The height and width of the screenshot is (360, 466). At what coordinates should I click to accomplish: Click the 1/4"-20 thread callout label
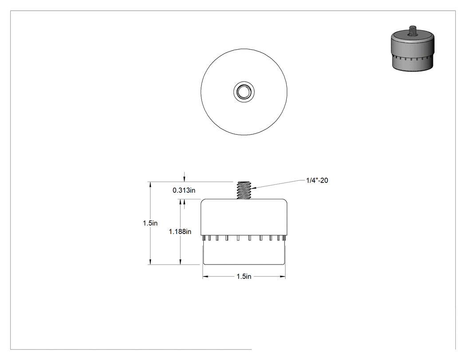(x=317, y=180)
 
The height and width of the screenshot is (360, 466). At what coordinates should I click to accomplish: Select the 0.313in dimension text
(x=184, y=190)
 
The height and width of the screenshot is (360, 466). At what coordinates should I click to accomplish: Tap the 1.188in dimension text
(x=180, y=232)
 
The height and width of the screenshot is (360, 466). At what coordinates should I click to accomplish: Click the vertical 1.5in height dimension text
(x=150, y=223)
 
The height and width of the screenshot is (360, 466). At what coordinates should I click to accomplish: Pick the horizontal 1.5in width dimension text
(x=244, y=277)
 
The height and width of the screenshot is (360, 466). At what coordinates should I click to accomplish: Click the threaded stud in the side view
(x=244, y=190)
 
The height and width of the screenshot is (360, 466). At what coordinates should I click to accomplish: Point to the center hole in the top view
(x=244, y=92)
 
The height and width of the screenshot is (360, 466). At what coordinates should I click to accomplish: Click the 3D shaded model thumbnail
(x=412, y=48)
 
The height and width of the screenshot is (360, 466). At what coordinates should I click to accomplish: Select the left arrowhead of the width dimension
(x=205, y=277)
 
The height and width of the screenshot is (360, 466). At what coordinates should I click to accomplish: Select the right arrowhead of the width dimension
(x=283, y=277)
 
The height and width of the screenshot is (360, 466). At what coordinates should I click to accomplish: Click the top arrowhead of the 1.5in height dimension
(x=151, y=185)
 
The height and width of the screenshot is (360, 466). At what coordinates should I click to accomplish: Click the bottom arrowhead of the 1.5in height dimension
(x=151, y=261)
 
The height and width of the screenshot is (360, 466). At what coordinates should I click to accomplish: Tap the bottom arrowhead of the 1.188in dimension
(x=180, y=261)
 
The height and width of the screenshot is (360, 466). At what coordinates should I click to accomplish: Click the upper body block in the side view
(x=244, y=217)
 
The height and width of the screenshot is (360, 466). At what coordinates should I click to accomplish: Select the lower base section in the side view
(x=244, y=253)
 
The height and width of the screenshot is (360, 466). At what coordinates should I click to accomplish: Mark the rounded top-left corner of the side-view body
(x=203, y=201)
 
